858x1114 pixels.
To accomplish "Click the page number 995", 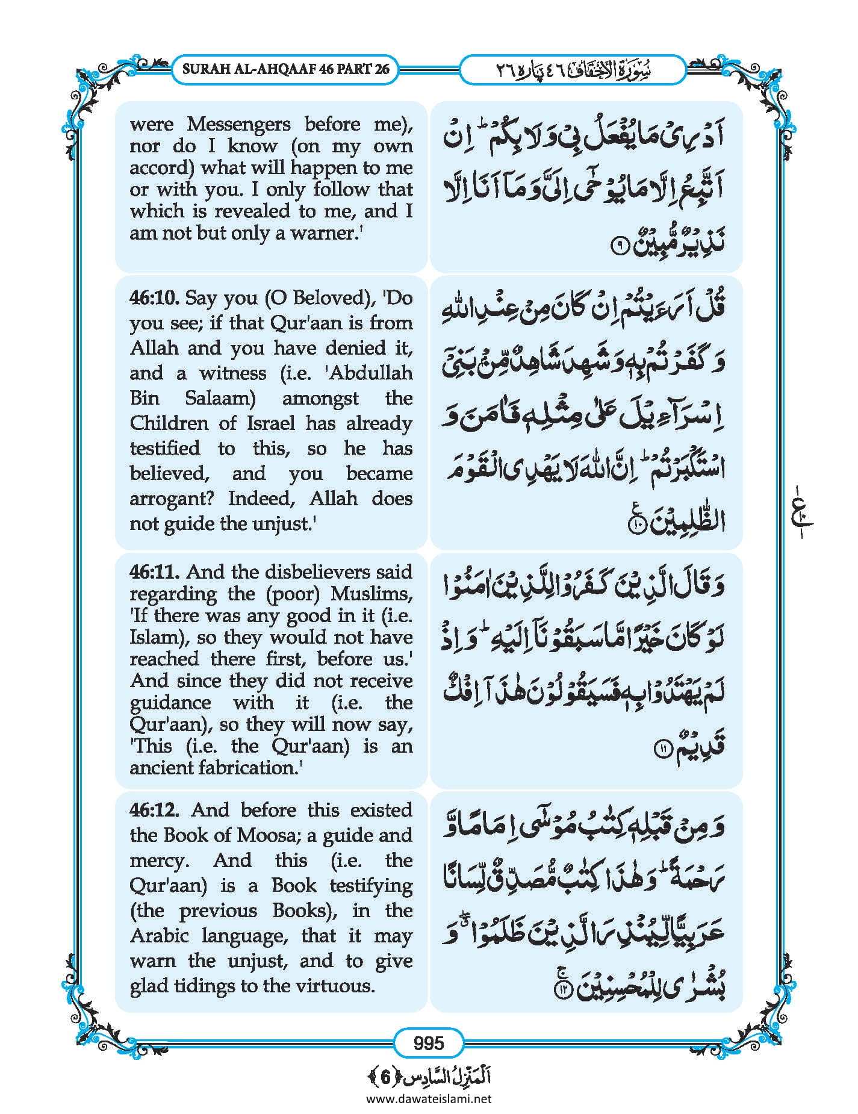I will coord(429,1042).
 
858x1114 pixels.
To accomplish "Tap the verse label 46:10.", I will coord(154,297).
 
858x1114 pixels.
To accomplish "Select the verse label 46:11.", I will coord(154,571).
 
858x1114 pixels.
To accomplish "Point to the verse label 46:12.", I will coord(154,810).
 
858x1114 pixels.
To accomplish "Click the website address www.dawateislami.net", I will coord(429,1099).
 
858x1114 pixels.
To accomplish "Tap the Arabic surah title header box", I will coord(573,70).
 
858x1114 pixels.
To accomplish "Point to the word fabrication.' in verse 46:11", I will coord(250,768).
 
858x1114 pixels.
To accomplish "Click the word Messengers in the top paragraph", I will coord(239,124).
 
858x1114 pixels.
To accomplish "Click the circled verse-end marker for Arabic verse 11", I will coord(661,748).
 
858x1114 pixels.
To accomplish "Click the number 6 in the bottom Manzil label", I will coord(385,1077).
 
